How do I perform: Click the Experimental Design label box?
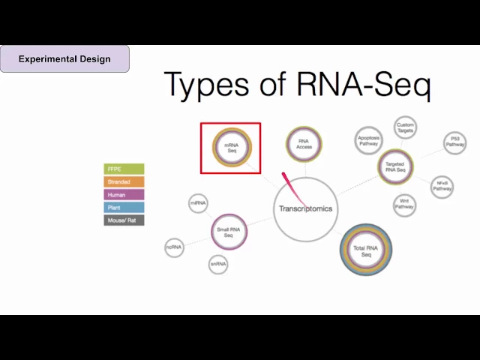(x=64, y=58)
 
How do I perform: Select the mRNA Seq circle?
(x=231, y=147)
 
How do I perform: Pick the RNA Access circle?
(x=304, y=144)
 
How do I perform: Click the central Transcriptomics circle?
(x=305, y=208)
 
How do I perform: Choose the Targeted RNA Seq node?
(x=395, y=166)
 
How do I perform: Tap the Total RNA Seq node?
(x=366, y=251)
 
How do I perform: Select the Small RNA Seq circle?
(x=229, y=232)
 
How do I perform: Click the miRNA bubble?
(x=197, y=202)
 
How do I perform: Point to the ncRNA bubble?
(x=174, y=247)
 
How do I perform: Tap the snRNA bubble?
(x=218, y=264)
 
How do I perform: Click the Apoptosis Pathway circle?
(x=368, y=139)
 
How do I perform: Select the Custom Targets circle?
(x=405, y=127)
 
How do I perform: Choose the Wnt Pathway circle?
(x=404, y=205)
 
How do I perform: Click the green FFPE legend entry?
(x=124, y=169)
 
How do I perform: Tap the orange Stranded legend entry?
(x=124, y=182)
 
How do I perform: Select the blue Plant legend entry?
(x=124, y=208)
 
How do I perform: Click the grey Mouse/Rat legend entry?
(x=124, y=220)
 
